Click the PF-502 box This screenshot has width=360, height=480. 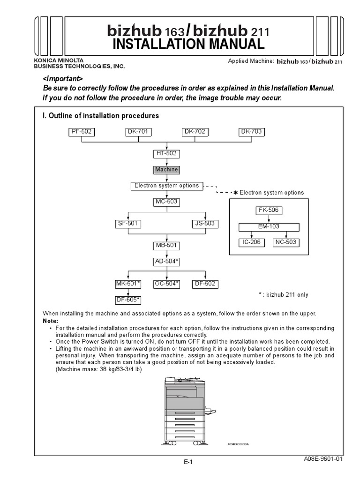(82, 132)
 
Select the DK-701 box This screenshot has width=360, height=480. (138, 132)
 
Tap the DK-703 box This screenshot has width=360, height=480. (252, 132)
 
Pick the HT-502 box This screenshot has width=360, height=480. (167, 154)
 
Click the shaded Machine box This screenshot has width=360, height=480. (167, 170)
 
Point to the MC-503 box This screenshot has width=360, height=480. (167, 202)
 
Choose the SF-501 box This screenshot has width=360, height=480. (128, 224)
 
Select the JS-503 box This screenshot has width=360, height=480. (205, 224)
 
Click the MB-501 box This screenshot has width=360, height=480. (167, 245)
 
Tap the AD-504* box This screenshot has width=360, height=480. (167, 262)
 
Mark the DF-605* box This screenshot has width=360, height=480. (128, 300)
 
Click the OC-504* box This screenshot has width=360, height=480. (167, 284)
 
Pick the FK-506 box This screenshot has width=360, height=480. (269, 210)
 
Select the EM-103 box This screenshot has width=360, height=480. (269, 226)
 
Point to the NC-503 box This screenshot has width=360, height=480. (286, 243)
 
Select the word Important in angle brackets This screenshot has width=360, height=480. (63, 78)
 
